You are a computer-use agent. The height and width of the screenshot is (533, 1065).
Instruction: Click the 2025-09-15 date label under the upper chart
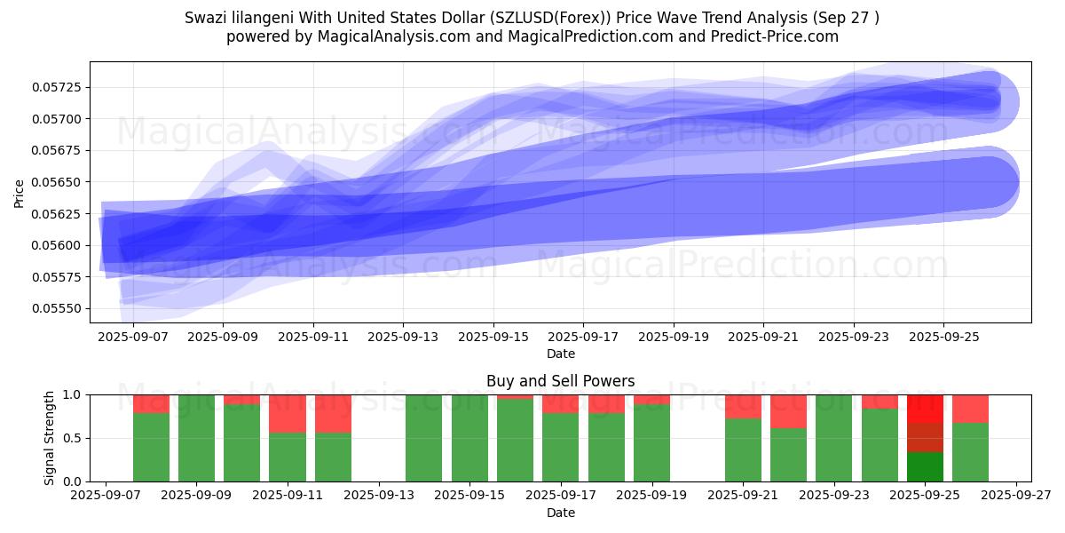click(493, 338)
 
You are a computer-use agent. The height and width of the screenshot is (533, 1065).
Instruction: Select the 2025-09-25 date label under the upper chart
click(943, 338)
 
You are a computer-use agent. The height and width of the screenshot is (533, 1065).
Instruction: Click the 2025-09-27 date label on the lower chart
click(1016, 497)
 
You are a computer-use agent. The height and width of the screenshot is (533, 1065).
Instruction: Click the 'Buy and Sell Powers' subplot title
click(560, 381)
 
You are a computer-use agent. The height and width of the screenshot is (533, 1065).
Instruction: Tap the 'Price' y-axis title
click(20, 192)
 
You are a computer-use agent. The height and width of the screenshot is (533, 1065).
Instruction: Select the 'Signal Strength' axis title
click(50, 438)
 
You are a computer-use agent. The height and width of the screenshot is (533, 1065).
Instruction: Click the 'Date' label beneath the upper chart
click(560, 354)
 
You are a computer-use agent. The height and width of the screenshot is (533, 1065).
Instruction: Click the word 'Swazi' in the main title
click(205, 18)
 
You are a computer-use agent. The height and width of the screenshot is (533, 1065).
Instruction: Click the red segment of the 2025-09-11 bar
click(288, 413)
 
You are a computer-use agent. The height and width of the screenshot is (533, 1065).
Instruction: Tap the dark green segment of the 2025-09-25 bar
click(925, 466)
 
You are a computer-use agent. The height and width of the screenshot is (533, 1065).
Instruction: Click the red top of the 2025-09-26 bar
click(970, 409)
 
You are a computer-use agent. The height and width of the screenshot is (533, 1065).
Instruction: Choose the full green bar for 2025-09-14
click(424, 438)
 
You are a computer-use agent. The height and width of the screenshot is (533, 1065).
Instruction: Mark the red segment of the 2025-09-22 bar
click(788, 411)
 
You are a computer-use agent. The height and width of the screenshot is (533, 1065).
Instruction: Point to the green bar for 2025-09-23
click(833, 438)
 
